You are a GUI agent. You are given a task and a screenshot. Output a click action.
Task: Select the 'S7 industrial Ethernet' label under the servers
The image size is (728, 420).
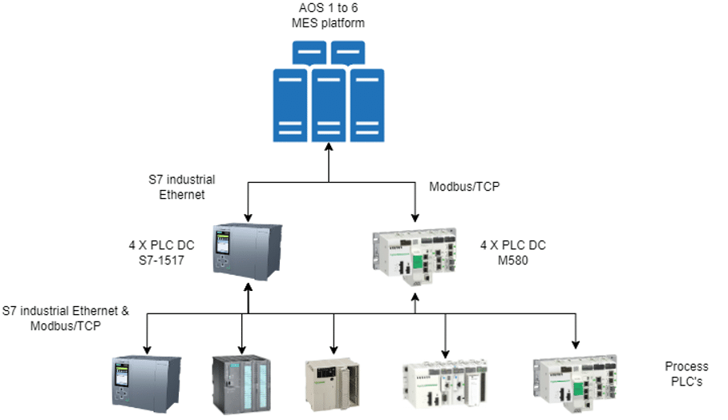(x=180, y=187)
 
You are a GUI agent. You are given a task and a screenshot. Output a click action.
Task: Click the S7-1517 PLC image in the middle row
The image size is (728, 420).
(x=247, y=252)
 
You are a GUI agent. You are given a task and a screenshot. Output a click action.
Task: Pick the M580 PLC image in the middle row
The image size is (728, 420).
(x=415, y=256)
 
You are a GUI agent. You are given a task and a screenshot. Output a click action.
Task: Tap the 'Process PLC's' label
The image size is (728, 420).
(x=686, y=374)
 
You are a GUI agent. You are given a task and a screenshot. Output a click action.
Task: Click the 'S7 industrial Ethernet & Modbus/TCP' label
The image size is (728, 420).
(x=66, y=318)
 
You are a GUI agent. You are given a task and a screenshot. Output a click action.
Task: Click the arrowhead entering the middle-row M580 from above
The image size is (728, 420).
(x=415, y=218)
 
